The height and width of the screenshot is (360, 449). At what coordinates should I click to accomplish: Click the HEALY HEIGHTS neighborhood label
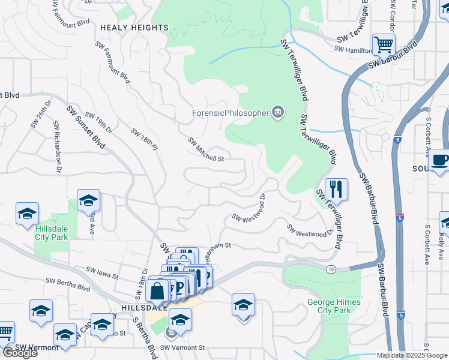134,28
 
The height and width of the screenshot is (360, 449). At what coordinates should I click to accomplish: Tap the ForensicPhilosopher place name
230,112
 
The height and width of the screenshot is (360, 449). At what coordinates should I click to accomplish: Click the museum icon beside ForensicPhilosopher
278,112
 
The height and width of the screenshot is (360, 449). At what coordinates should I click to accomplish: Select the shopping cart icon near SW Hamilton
383,43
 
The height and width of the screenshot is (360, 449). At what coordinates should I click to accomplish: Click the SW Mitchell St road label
206,150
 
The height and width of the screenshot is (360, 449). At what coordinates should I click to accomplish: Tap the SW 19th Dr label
99,122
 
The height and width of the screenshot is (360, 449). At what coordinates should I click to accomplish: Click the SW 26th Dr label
34,116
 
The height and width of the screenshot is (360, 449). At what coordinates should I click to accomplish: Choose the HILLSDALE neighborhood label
125,307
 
